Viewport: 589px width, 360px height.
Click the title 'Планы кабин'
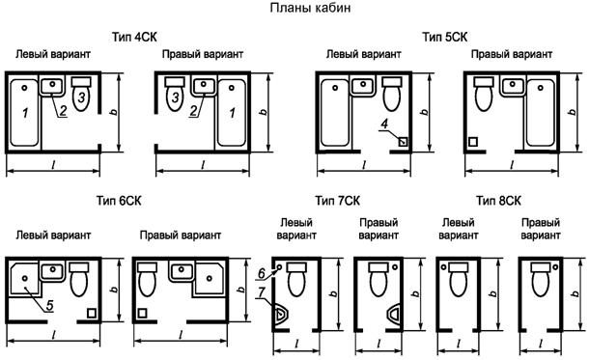coord(310,8)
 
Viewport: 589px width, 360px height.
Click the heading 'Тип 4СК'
coord(134,37)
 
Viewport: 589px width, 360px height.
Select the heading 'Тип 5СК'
coord(445,37)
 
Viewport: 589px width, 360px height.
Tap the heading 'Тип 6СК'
coord(119,201)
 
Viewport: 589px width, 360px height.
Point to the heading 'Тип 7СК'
coord(337,201)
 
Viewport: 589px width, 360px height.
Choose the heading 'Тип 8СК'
coord(498,201)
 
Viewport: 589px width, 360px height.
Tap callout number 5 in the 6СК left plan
coord(49,306)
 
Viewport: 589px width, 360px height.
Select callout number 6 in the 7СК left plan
coord(262,274)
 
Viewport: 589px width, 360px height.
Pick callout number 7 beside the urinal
coord(262,291)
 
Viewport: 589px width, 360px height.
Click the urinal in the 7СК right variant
coord(393,315)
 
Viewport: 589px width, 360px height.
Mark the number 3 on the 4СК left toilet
coord(81,97)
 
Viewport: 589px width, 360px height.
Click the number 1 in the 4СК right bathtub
coord(232,112)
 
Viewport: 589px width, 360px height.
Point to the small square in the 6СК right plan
coord(142,313)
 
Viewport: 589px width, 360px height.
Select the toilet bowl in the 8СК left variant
coord(459,280)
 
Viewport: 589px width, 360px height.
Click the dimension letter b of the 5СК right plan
coord(573,112)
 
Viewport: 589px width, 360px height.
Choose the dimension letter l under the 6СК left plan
coord(53,334)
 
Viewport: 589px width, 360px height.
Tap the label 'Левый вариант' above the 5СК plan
coord(363,54)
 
